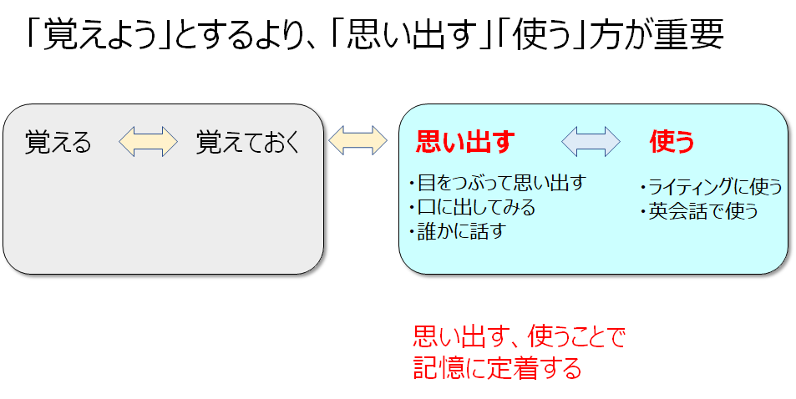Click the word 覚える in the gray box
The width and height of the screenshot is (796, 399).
[58, 143]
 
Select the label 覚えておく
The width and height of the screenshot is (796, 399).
[247, 143]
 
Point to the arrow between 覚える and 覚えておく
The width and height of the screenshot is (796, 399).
[148, 142]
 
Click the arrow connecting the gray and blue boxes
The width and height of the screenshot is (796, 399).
[358, 140]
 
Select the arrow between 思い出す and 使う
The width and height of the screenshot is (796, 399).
[591, 142]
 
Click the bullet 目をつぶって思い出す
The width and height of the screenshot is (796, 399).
[499, 183]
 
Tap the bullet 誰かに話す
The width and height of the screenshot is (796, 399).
[458, 231]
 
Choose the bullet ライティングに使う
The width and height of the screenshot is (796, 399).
[711, 187]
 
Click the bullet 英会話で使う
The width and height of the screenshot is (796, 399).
[699, 211]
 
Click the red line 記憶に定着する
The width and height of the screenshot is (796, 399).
[498, 367]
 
